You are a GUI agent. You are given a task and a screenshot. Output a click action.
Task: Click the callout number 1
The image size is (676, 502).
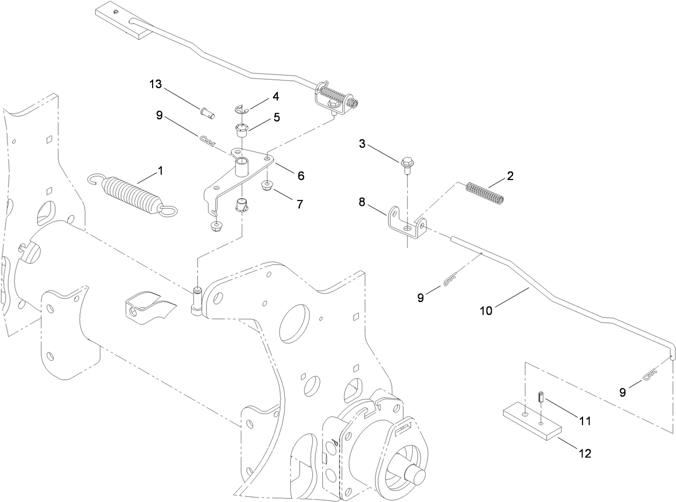pyautogui.click(x=160, y=170)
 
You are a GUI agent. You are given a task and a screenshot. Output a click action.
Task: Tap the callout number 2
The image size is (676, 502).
pyautogui.click(x=510, y=176)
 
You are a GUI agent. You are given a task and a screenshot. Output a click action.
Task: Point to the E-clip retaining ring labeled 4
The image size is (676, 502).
pyautogui.click(x=241, y=109)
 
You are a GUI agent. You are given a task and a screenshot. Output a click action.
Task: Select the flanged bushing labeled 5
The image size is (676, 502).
pyautogui.click(x=241, y=131)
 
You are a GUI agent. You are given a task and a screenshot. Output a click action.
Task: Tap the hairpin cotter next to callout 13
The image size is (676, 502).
pyautogui.click(x=207, y=141)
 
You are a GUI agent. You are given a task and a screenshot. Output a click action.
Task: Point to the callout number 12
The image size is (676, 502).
pyautogui.click(x=584, y=454)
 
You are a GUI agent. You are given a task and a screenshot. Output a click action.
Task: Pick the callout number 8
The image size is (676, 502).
pyautogui.click(x=362, y=203)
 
